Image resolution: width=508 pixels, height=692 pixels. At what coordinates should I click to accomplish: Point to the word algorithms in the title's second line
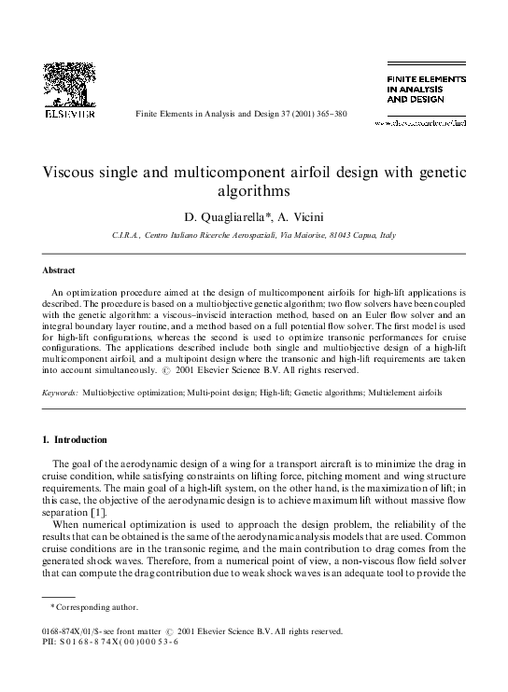(254, 192)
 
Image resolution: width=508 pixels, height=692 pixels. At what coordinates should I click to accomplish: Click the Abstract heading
(59, 270)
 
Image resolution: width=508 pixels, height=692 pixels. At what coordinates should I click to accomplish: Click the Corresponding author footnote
(91, 633)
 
